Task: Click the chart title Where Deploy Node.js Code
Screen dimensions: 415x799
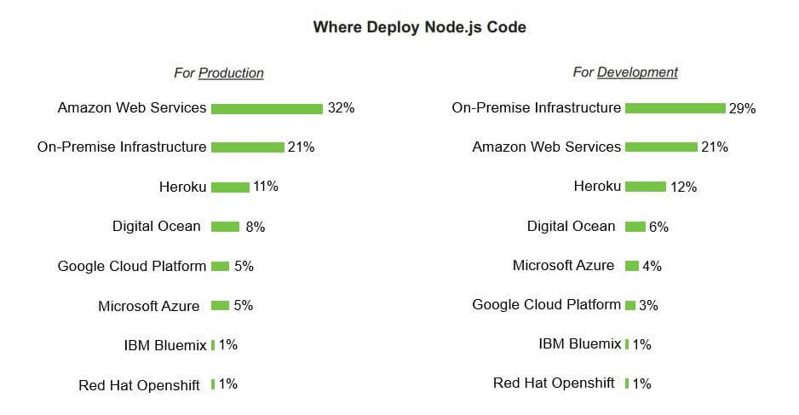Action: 419,27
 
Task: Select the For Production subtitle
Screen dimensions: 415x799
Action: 219,73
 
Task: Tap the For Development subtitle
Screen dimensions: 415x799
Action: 625,72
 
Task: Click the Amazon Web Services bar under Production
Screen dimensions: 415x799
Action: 267,108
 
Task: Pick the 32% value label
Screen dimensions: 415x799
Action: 341,108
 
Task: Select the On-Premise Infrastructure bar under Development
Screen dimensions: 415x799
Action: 675,108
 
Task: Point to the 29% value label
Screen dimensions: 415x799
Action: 742,109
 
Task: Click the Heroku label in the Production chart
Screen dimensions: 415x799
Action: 182,187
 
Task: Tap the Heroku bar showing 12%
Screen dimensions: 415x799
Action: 646,187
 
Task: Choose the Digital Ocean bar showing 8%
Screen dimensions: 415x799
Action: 225,227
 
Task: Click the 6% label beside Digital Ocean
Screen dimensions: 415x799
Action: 658,227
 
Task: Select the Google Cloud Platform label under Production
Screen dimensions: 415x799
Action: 132,266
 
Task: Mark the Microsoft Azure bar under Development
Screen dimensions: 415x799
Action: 632,266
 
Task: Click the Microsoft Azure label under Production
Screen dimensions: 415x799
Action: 149,306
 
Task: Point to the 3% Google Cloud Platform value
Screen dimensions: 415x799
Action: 648,305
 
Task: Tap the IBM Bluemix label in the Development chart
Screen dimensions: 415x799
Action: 580,344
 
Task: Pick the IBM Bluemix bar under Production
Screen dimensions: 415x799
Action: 213,345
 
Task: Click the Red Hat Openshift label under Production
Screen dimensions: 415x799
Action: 139,385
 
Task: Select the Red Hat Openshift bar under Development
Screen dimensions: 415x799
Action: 626,383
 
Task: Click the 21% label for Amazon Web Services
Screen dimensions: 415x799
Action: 714,147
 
